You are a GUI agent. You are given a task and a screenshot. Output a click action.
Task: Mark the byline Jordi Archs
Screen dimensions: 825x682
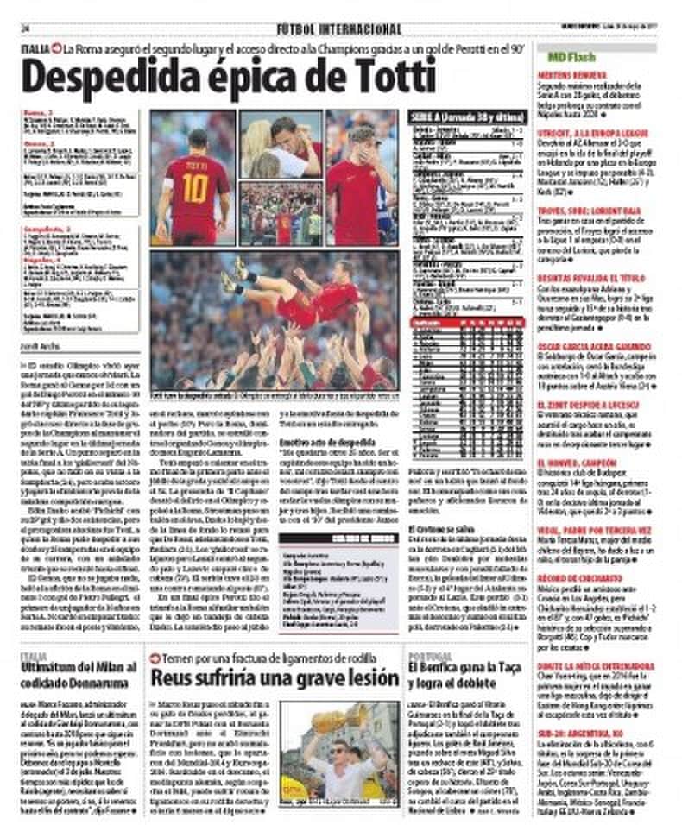pyautogui.click(x=40, y=345)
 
